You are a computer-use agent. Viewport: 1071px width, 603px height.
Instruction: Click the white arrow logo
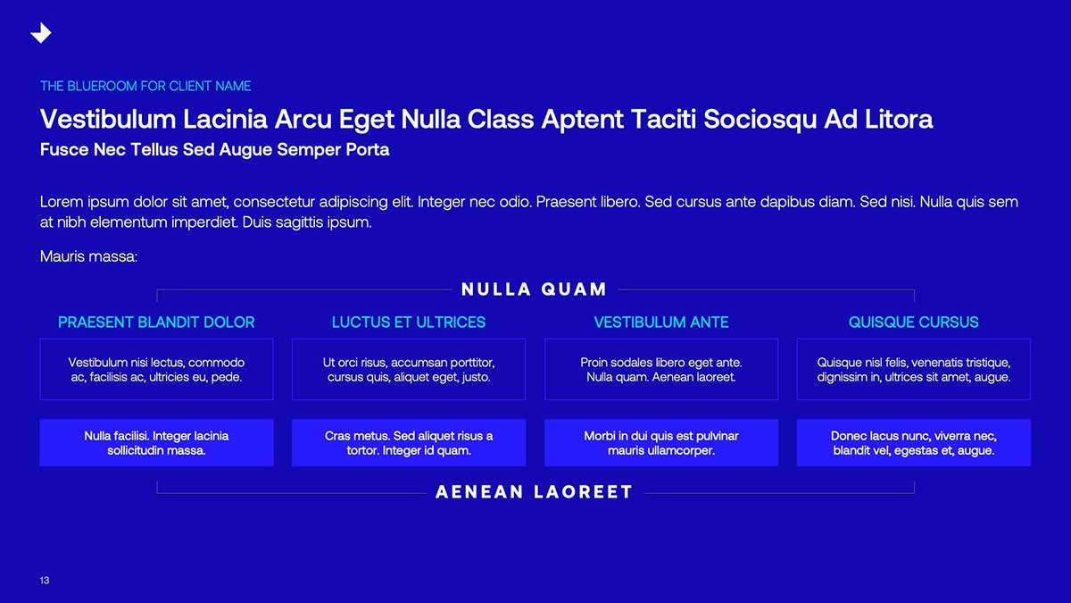tap(42, 34)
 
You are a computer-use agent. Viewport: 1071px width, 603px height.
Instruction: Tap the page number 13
tap(45, 581)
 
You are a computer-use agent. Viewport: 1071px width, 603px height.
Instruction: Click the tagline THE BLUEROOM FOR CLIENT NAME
tap(145, 86)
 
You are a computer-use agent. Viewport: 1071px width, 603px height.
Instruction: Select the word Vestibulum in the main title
tap(108, 119)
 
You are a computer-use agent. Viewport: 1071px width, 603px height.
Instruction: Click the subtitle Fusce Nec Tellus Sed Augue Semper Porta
tap(215, 150)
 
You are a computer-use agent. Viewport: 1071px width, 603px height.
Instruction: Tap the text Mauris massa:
tap(89, 256)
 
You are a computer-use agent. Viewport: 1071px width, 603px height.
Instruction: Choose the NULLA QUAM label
tap(534, 289)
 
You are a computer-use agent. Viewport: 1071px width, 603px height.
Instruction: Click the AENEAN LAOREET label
tap(534, 492)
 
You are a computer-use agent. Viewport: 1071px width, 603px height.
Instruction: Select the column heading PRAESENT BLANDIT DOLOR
tap(156, 322)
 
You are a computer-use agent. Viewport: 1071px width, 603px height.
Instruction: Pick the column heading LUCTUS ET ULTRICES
tap(409, 322)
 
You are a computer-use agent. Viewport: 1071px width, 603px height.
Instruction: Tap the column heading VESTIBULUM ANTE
tap(661, 322)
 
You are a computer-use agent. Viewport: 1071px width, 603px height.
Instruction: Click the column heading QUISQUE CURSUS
tap(914, 322)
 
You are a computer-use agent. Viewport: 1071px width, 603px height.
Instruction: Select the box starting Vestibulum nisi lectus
tap(156, 369)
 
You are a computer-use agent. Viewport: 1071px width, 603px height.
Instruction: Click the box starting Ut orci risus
tap(409, 369)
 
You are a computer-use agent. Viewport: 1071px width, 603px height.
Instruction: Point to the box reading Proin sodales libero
tap(661, 369)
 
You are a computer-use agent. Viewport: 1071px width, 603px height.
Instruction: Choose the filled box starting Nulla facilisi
tap(156, 443)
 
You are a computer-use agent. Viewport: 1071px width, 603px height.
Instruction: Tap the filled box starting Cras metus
tap(409, 443)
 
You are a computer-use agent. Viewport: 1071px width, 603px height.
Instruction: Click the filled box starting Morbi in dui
tap(661, 443)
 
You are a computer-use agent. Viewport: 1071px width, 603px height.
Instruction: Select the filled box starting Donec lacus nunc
tap(914, 443)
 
